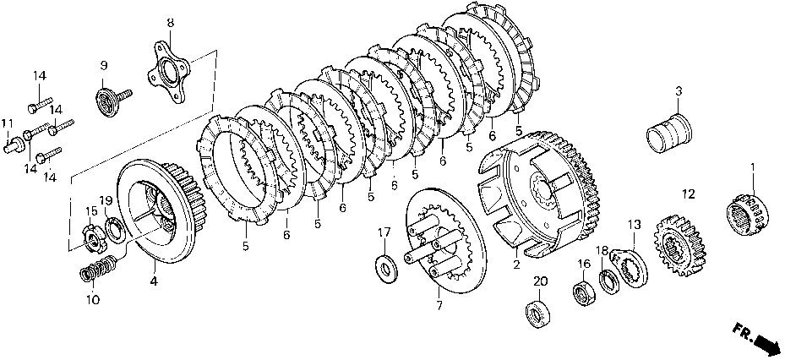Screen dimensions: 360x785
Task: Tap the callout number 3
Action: click(678, 90)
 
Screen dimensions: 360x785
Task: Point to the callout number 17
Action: click(384, 232)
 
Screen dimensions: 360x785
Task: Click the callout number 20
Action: click(540, 281)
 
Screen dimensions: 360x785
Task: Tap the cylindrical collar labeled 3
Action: click(669, 132)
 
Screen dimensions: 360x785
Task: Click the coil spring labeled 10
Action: click(96, 272)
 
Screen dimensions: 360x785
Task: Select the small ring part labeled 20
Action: click(536, 313)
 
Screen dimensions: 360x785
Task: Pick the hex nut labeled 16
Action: click(581, 293)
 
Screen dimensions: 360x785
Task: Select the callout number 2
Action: click(515, 265)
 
